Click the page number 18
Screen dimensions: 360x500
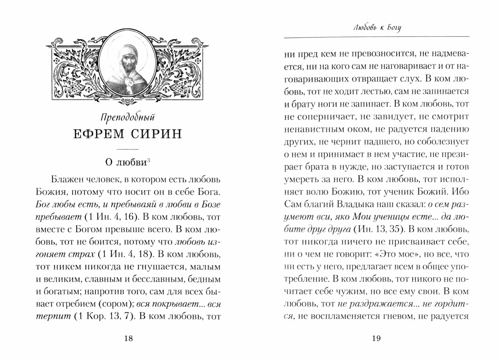128,339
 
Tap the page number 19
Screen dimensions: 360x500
377,339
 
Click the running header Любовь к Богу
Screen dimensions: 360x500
377,28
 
